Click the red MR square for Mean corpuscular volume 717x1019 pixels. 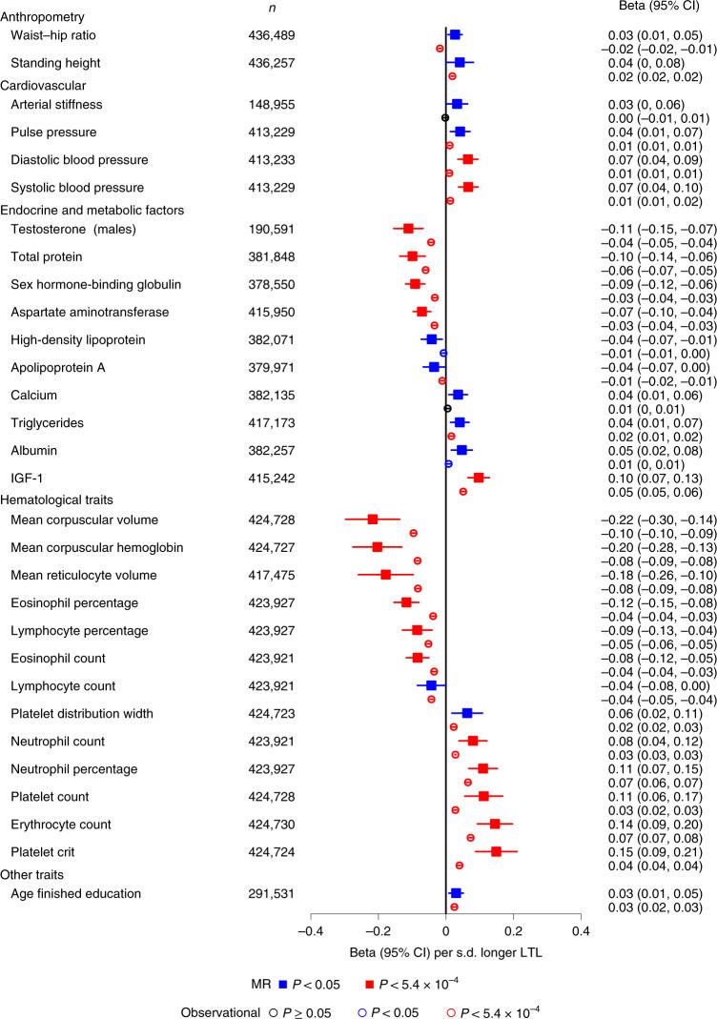[373, 519]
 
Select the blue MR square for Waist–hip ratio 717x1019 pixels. [455, 34]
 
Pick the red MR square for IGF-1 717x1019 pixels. [479, 478]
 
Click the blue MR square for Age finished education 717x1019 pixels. [456, 893]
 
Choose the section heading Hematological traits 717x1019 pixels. [63, 499]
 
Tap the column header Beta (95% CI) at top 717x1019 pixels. [649, 8]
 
